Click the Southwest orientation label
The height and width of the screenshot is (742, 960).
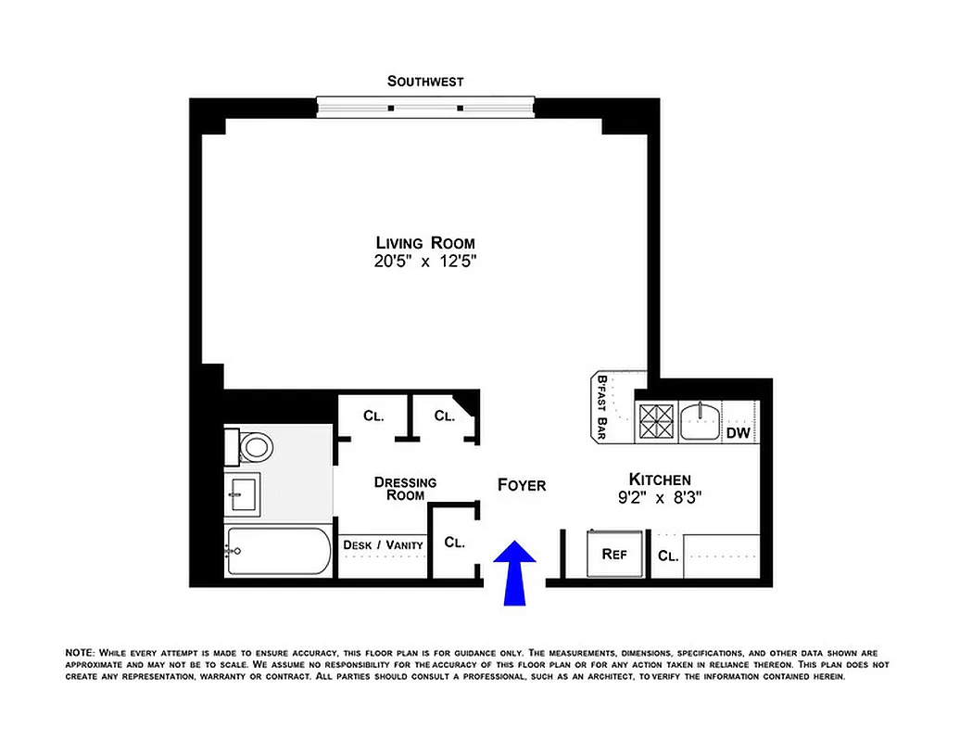coord(425,82)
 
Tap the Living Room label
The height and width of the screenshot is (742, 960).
coord(425,243)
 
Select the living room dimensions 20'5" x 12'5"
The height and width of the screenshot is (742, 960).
coord(425,262)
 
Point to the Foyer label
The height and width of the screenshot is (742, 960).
coord(522,485)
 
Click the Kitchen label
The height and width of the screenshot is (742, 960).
coord(660,480)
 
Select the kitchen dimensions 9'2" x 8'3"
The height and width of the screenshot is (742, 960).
coord(660,498)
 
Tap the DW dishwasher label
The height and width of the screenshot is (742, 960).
coord(738,432)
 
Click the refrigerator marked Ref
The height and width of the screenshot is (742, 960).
coord(614,554)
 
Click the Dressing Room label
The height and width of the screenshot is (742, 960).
coord(405,489)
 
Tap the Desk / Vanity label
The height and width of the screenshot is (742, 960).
coord(383,544)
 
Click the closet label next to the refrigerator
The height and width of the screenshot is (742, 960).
coord(668,556)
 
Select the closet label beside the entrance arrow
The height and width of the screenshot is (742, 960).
coord(454,542)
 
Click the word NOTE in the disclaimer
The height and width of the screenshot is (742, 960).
coord(80,654)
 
